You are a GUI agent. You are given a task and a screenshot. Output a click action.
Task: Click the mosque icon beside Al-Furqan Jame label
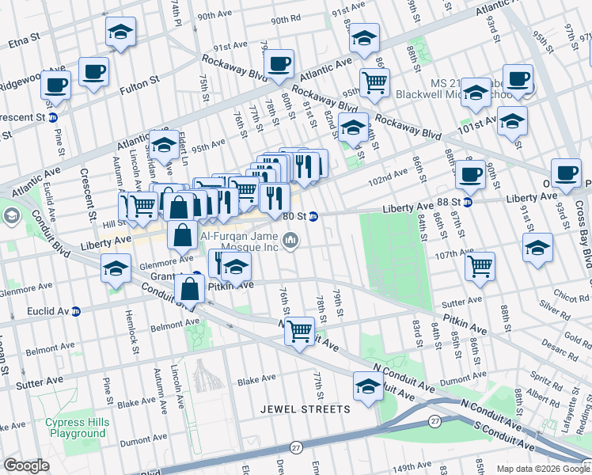pos(291,239)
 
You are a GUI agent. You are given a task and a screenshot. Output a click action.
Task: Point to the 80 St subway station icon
pos(314,215)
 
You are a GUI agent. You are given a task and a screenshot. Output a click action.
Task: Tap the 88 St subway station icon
pos(467,202)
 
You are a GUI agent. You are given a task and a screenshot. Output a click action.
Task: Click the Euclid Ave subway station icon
pos(76,311)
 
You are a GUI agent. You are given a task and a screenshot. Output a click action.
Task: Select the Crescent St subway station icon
pos(53,117)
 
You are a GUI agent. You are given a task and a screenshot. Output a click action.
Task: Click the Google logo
pos(27,465)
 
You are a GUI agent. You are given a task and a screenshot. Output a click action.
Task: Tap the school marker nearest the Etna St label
pos(120,32)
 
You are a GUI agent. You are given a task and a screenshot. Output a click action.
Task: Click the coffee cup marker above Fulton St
pos(93,71)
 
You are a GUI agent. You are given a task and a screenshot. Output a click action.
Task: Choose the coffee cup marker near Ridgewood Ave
pos(55,84)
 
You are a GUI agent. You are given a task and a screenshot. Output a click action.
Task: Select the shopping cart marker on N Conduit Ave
pos(298,330)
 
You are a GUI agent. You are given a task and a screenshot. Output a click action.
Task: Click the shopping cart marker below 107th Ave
pos(480,267)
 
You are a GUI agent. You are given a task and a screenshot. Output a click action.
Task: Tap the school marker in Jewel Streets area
pos(367,387)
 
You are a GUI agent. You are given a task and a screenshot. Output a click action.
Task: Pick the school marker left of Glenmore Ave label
pos(116,269)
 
